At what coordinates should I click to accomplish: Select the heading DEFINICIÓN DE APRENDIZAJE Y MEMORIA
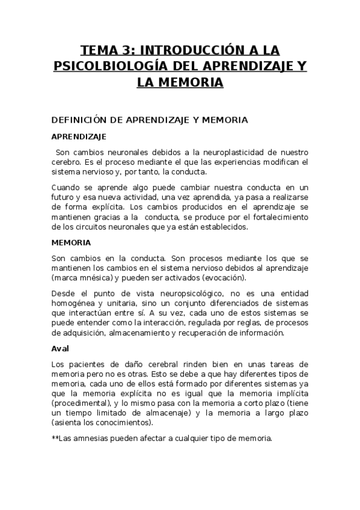pos(150,120)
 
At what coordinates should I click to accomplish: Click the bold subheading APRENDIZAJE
pos(79,137)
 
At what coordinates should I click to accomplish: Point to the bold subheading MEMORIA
pos(71,243)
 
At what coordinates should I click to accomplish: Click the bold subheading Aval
pos(61,348)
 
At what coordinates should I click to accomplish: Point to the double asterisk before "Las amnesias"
pos(55,438)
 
